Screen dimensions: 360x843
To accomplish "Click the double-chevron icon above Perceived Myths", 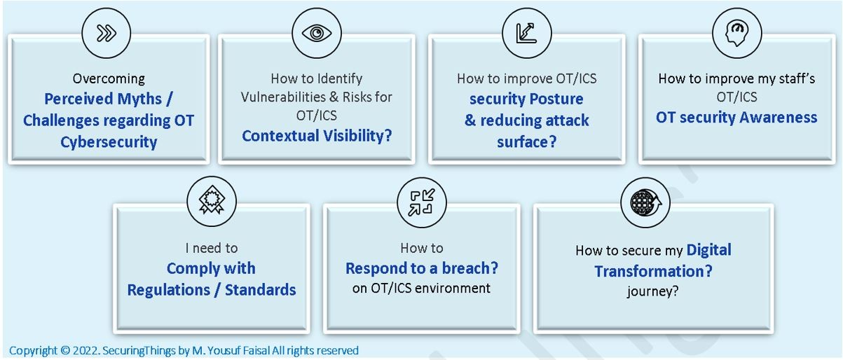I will point(106,34).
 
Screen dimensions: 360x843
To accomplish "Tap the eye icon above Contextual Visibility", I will point(316,34).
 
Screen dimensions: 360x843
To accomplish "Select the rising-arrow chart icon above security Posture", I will point(526,34).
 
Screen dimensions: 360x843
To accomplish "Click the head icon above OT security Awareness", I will point(736,34).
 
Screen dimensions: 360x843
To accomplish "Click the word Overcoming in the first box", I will point(109,78).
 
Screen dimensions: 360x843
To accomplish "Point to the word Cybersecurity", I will point(109,142).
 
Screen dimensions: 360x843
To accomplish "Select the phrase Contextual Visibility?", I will point(317,135).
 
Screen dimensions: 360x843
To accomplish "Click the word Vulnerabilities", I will point(285,97).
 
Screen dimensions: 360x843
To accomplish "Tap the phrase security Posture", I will point(526,99).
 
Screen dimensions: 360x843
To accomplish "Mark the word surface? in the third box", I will point(526,142).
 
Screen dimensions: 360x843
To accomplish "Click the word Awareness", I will point(776,117).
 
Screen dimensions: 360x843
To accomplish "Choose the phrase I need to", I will point(211,248).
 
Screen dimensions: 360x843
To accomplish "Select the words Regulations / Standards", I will point(211,289).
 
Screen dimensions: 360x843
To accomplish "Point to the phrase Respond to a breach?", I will point(421,268).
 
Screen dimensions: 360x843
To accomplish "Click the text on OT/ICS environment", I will point(421,288).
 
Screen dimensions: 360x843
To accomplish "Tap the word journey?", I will point(652,291).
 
